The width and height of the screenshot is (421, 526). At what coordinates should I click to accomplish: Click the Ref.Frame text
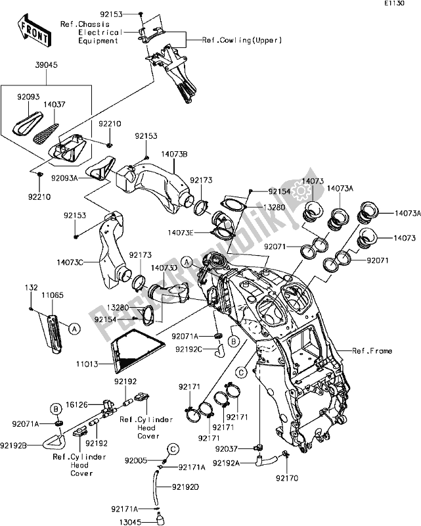pyautogui.click(x=372, y=352)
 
